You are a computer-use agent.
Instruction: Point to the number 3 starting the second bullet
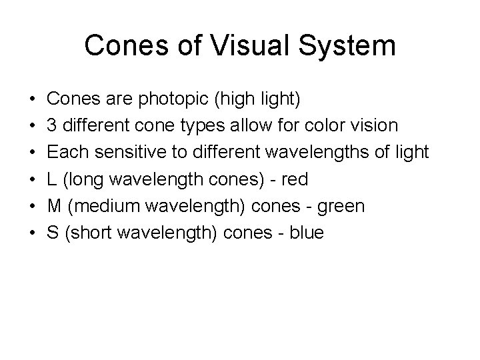[53, 126]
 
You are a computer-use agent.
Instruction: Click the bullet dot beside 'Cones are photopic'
[33, 100]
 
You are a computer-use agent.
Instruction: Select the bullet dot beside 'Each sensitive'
[33, 153]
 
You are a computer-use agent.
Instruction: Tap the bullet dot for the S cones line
[33, 233]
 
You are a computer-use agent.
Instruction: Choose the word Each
[69, 153]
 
